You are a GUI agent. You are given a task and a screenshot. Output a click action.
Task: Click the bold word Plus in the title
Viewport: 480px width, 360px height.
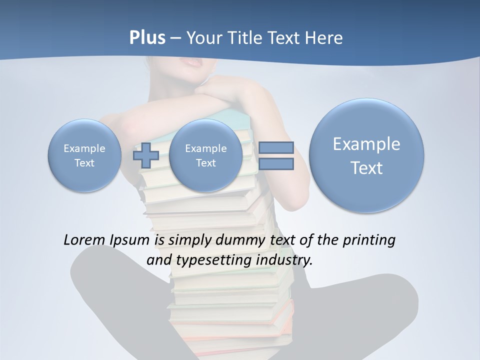[x=147, y=38]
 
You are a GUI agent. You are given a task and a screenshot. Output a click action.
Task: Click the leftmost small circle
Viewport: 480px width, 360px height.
[x=84, y=155]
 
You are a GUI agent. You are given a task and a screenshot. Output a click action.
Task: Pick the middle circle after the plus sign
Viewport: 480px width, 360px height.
[x=206, y=155]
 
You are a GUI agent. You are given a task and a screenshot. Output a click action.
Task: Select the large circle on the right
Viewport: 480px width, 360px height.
[x=366, y=155]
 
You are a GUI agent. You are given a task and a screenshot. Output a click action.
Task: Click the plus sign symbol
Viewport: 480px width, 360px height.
[x=146, y=155]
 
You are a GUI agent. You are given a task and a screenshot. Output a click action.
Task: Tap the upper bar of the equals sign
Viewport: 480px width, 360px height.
[x=276, y=147]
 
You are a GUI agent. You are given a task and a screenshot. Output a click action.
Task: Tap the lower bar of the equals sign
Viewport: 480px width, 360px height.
[x=276, y=163]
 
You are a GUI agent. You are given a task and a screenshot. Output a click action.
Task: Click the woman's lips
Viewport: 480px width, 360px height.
[x=190, y=63]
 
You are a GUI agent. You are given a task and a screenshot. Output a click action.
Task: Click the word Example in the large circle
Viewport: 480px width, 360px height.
[x=366, y=144]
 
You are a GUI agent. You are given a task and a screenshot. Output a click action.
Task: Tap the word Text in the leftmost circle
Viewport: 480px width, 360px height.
[x=84, y=163]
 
